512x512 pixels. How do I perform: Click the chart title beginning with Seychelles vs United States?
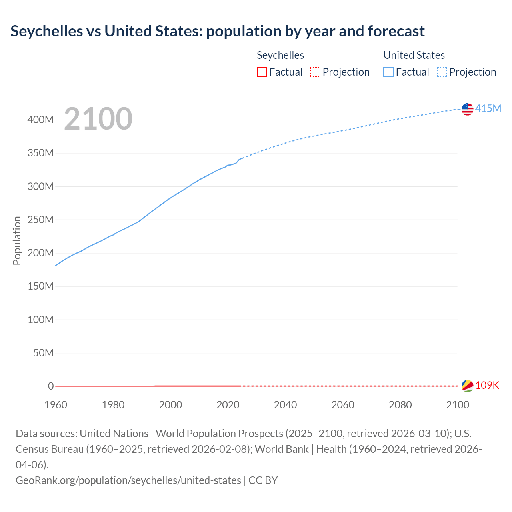click(217, 31)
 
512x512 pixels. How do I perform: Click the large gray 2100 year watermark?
click(98, 119)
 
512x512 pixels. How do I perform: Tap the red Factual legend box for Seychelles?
click(262, 72)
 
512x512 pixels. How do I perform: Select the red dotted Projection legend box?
click(315, 72)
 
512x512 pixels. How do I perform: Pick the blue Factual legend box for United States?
click(388, 72)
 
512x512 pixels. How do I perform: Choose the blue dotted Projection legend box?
click(442, 72)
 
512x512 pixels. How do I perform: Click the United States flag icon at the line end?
click(467, 109)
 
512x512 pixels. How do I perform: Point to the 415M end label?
click(488, 108)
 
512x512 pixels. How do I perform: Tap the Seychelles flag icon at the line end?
click(467, 386)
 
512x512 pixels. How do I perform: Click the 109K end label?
click(487, 385)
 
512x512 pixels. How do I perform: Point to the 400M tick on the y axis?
click(40, 120)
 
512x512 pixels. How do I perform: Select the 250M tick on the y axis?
click(40, 220)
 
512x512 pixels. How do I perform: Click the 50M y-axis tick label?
click(43, 353)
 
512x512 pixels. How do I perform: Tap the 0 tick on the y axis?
click(51, 386)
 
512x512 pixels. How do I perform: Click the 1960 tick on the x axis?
click(56, 405)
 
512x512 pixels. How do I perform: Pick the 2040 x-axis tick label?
click(285, 405)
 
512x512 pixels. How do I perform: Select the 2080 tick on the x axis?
click(400, 405)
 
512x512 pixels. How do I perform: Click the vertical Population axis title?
click(17, 240)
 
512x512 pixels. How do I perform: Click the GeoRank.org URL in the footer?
click(128, 480)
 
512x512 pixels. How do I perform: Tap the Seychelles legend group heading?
click(280, 55)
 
